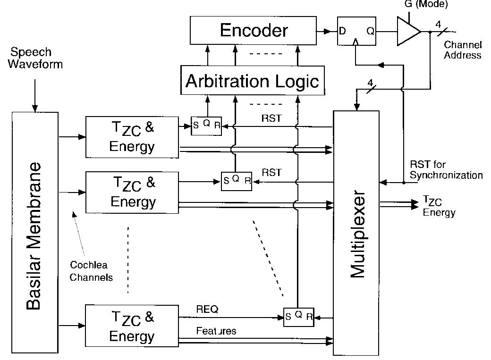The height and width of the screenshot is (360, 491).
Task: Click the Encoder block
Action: tap(254, 31)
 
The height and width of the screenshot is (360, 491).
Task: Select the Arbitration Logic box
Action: tap(253, 81)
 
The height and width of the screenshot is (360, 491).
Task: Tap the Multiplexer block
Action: tap(356, 233)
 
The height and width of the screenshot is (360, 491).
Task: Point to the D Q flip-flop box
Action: tap(356, 31)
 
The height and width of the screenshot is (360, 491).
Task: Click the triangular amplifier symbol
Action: tap(408, 31)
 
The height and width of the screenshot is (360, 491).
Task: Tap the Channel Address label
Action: tap(463, 50)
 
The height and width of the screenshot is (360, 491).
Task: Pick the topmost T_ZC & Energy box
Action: tap(132, 137)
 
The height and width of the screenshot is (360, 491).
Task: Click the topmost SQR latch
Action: tap(206, 126)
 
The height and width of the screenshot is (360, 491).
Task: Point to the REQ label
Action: tap(207, 309)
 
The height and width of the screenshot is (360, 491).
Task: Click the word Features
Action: tap(216, 331)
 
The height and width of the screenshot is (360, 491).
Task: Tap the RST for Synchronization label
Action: tap(446, 170)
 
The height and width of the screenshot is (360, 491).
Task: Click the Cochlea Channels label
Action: tap(91, 271)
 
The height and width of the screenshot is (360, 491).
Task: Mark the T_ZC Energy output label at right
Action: tap(439, 207)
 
